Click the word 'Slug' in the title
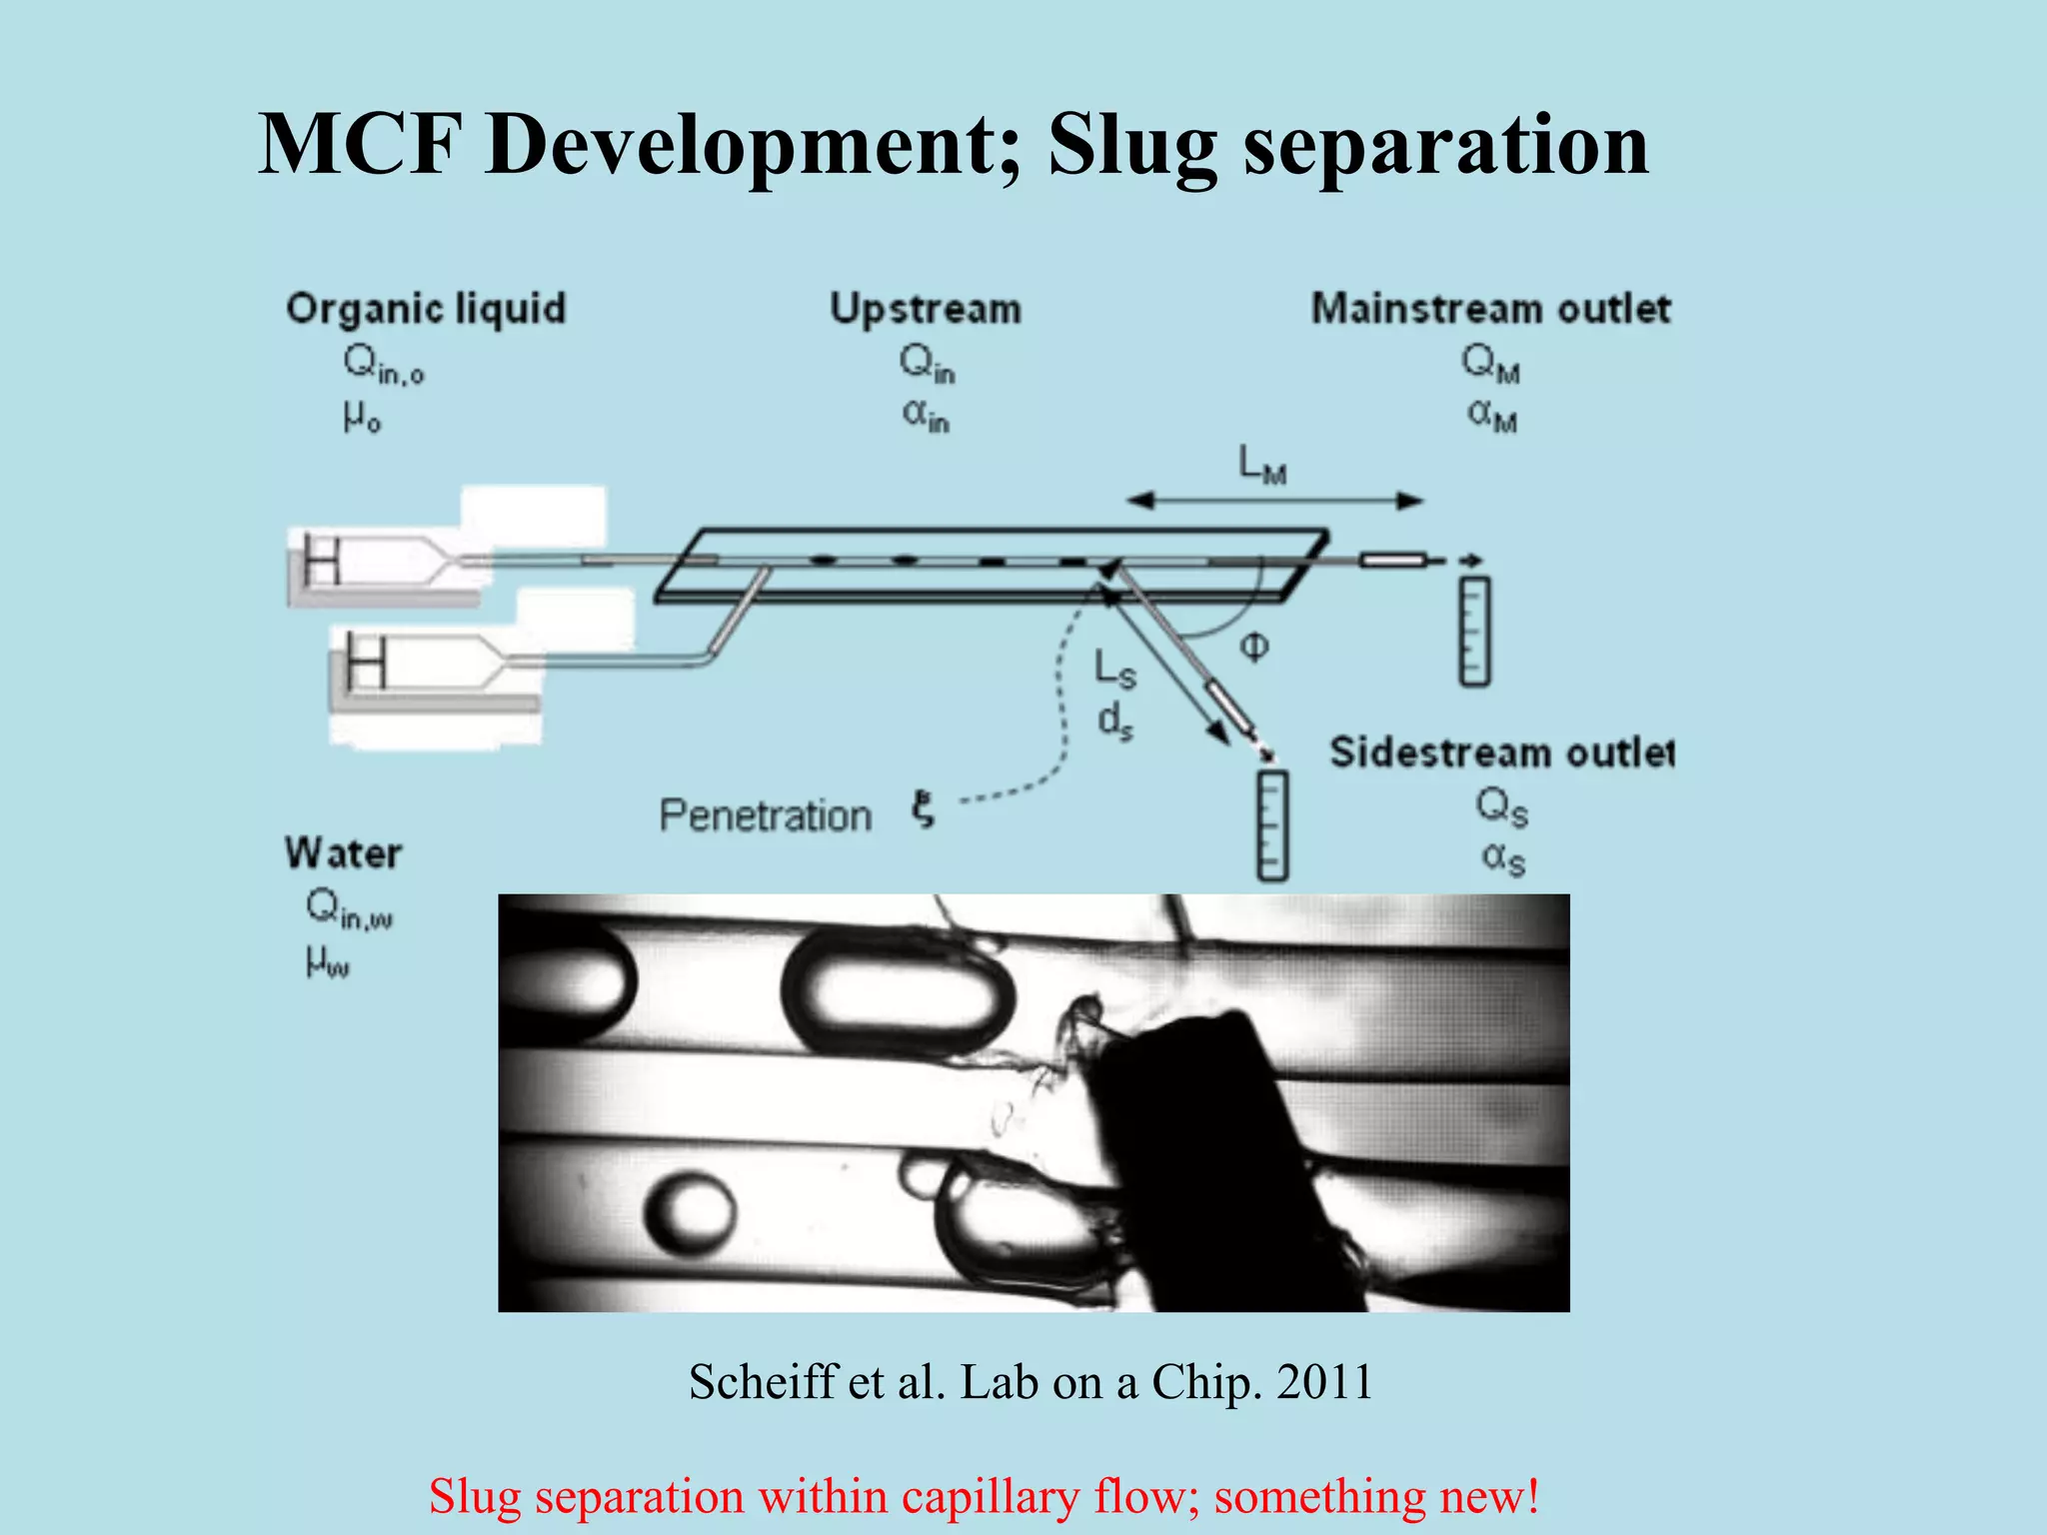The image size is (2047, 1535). pos(1132,147)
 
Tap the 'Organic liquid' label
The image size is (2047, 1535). pos(426,309)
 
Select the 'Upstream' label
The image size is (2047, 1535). pos(926,309)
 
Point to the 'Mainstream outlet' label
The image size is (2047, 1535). pos(1490,309)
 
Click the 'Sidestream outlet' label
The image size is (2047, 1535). pos(1501,753)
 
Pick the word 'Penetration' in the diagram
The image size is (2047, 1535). pos(766,815)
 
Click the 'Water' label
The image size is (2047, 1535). pos(343,853)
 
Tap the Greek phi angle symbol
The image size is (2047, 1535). pos(1254,648)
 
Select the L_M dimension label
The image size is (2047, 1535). pos(1261,465)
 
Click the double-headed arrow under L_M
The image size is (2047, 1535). pos(1275,501)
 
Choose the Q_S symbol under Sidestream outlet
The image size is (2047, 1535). pos(1501,806)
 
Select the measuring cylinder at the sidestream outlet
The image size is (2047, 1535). pos(1271,825)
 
